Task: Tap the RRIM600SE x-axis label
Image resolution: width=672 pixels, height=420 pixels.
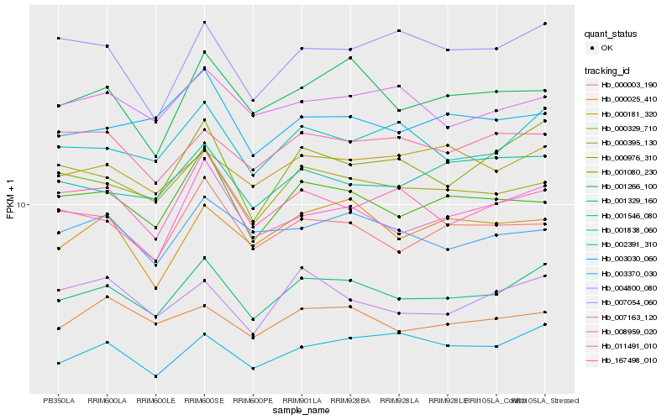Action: click(204, 400)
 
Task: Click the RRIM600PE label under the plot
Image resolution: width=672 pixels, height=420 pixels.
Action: click(253, 400)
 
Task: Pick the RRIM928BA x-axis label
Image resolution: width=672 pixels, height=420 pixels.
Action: click(350, 400)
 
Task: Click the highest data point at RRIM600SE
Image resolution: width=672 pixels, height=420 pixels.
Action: click(204, 22)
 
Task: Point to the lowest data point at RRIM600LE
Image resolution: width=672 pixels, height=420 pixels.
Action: click(155, 376)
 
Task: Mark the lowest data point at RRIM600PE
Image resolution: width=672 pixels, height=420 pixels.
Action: click(253, 368)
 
